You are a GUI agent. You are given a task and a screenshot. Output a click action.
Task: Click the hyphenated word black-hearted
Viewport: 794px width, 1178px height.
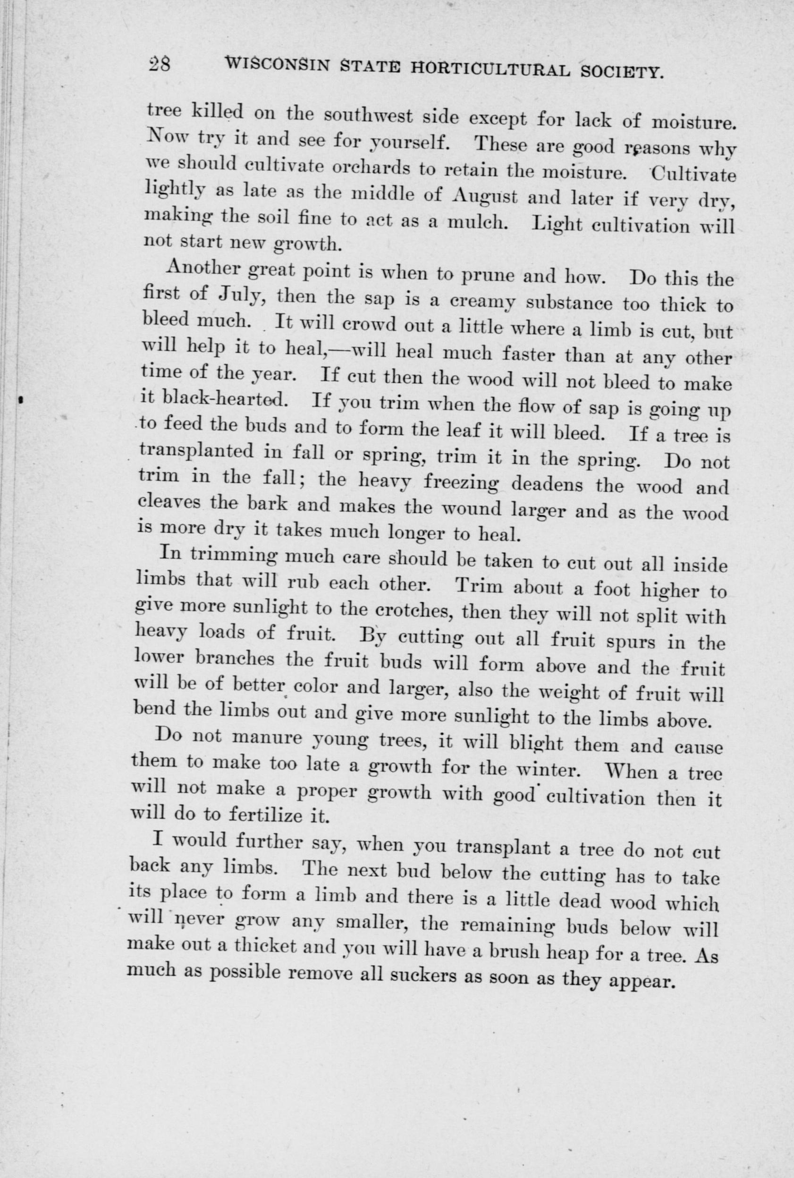pyautogui.click(x=225, y=400)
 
